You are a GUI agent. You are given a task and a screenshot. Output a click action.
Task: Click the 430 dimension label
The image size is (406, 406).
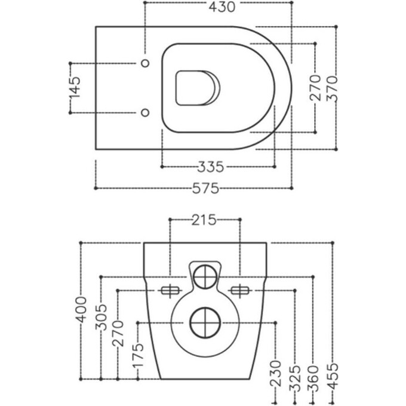point(219,7)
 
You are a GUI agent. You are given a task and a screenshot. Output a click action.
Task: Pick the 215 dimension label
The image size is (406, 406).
point(204,220)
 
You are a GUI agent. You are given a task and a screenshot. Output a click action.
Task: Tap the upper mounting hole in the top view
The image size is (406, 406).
point(144,62)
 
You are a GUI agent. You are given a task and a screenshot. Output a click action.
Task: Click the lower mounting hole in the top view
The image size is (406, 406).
point(144,112)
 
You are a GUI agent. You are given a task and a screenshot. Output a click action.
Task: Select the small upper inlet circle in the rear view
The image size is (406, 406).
point(205,275)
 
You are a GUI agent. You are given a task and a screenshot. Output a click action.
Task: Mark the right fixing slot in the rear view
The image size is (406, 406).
point(239,291)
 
